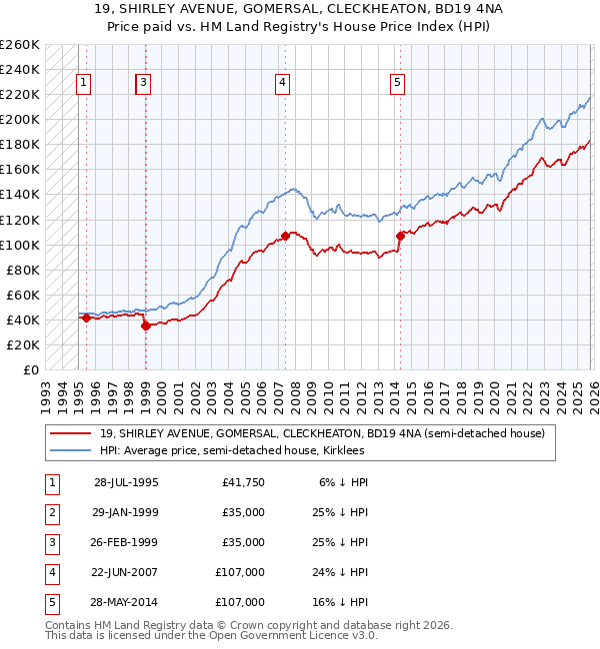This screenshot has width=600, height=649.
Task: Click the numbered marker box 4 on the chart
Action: point(283,83)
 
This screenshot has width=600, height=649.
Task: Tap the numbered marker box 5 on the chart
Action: point(398,83)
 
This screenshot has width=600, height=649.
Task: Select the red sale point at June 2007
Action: point(285,236)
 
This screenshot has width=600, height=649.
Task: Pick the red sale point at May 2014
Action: point(400,236)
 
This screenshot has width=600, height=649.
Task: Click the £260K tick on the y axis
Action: point(20,45)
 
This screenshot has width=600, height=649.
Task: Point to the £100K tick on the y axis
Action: point(20,245)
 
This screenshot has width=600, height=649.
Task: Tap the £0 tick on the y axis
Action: point(31,369)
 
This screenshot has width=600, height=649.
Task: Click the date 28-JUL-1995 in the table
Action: point(126,482)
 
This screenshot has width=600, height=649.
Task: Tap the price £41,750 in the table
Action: point(244,482)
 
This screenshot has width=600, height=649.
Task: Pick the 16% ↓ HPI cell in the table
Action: point(340,602)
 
